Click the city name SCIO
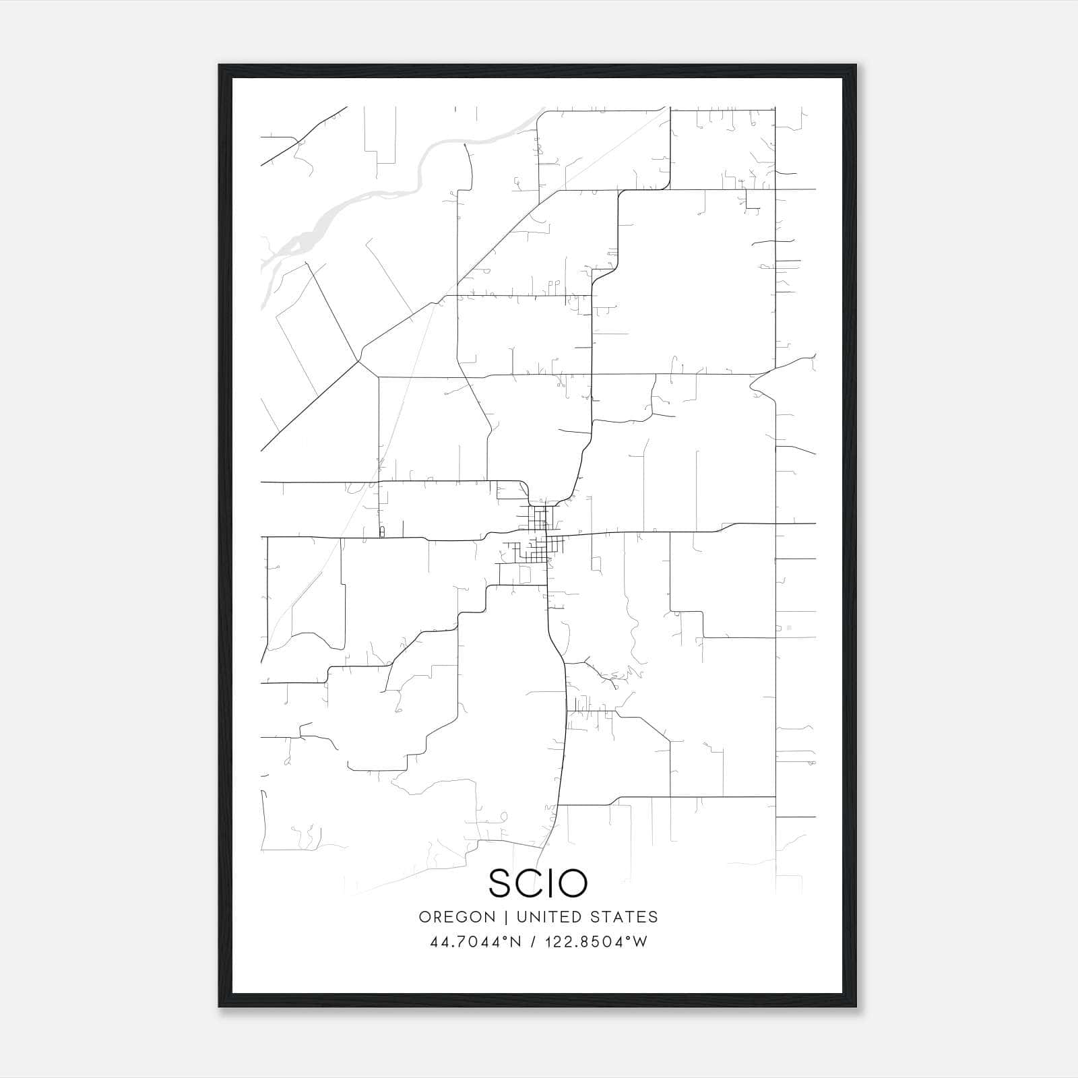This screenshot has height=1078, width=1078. pyautogui.click(x=538, y=883)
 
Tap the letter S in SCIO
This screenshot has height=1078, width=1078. pyautogui.click(x=501, y=883)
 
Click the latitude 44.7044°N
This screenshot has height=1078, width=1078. pyautogui.click(x=476, y=942)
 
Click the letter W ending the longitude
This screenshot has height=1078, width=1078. pyautogui.click(x=640, y=942)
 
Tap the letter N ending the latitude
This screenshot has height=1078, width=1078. pyautogui.click(x=516, y=942)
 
